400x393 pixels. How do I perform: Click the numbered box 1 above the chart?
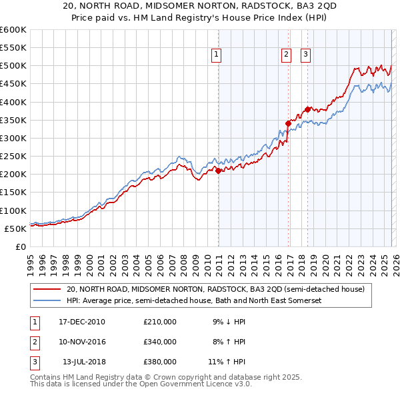(217, 55)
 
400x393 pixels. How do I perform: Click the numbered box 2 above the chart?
(286, 55)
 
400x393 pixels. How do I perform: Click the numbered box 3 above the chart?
(305, 55)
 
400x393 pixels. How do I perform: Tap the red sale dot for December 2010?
(219, 171)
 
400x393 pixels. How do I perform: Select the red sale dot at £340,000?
(288, 123)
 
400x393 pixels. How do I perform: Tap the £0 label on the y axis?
(20, 246)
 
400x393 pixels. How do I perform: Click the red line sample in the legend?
(46, 290)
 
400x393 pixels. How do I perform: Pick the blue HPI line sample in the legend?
(46, 301)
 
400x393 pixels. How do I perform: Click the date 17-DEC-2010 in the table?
(82, 322)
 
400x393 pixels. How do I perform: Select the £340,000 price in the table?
(160, 342)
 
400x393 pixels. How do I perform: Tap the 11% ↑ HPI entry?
(227, 362)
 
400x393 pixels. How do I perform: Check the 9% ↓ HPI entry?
(227, 322)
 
